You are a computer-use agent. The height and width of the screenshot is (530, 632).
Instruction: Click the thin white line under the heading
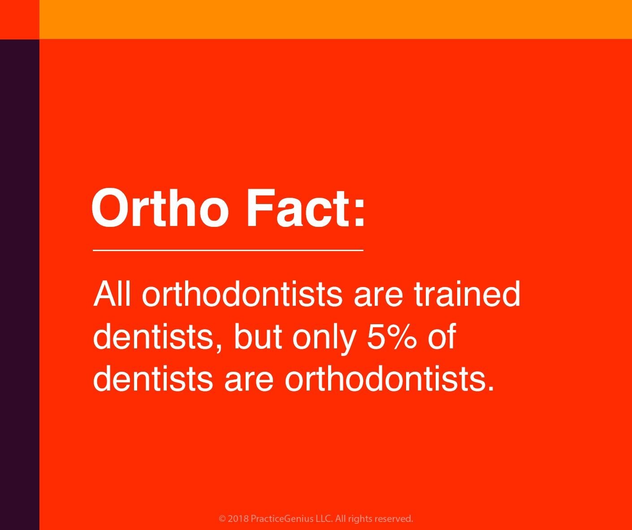(228, 251)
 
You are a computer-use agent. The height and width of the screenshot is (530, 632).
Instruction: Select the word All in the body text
(112, 294)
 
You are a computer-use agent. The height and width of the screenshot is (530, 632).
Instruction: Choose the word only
(324, 339)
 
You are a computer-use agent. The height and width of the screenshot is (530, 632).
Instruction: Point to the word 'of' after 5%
(442, 336)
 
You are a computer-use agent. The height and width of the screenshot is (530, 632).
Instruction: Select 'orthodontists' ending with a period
(389, 378)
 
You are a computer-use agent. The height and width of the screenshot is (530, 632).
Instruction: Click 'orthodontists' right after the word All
(242, 294)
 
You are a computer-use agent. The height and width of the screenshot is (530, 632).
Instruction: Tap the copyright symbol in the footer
(222, 519)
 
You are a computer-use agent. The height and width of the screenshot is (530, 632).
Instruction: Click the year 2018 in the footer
(238, 519)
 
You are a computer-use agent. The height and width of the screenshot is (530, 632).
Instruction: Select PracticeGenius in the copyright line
(282, 519)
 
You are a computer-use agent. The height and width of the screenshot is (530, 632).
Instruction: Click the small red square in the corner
(20, 19)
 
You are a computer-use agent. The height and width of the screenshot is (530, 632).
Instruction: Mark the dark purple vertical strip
(20, 285)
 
